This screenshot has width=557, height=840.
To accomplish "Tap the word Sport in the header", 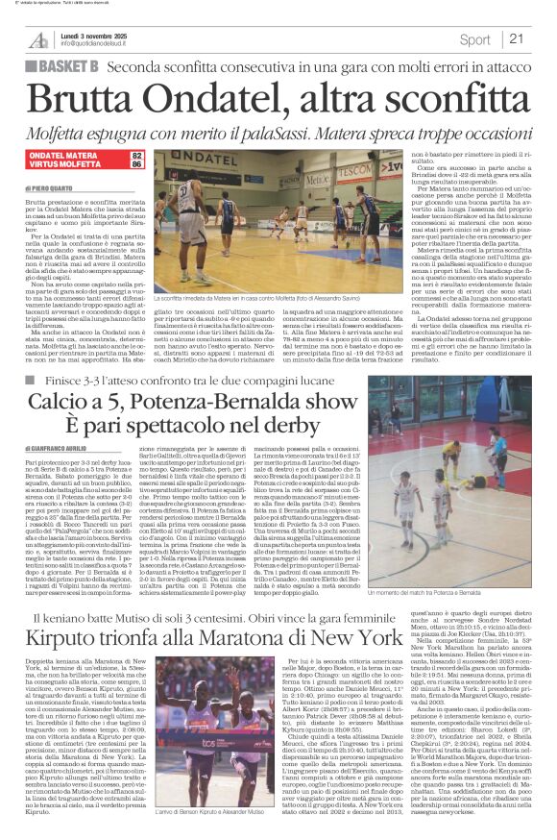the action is pos(474,39).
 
